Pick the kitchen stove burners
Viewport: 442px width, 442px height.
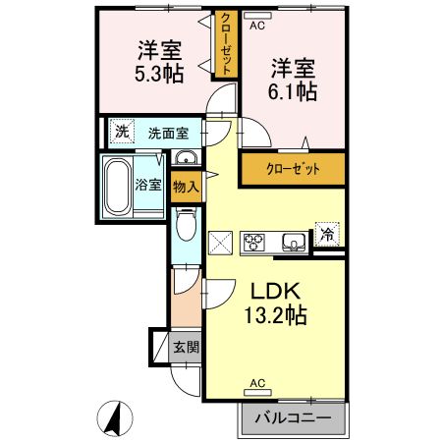[254, 241]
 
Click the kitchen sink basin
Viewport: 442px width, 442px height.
[292, 241]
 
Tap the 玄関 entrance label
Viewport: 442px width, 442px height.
[186, 347]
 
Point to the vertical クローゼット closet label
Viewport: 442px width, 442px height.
[225, 44]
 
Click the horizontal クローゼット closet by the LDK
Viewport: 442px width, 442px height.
[293, 169]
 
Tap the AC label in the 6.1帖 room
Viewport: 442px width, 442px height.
[257, 26]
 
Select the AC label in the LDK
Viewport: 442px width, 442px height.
[257, 383]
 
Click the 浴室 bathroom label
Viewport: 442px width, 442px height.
[148, 183]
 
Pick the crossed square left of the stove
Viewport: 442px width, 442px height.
[220, 241]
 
